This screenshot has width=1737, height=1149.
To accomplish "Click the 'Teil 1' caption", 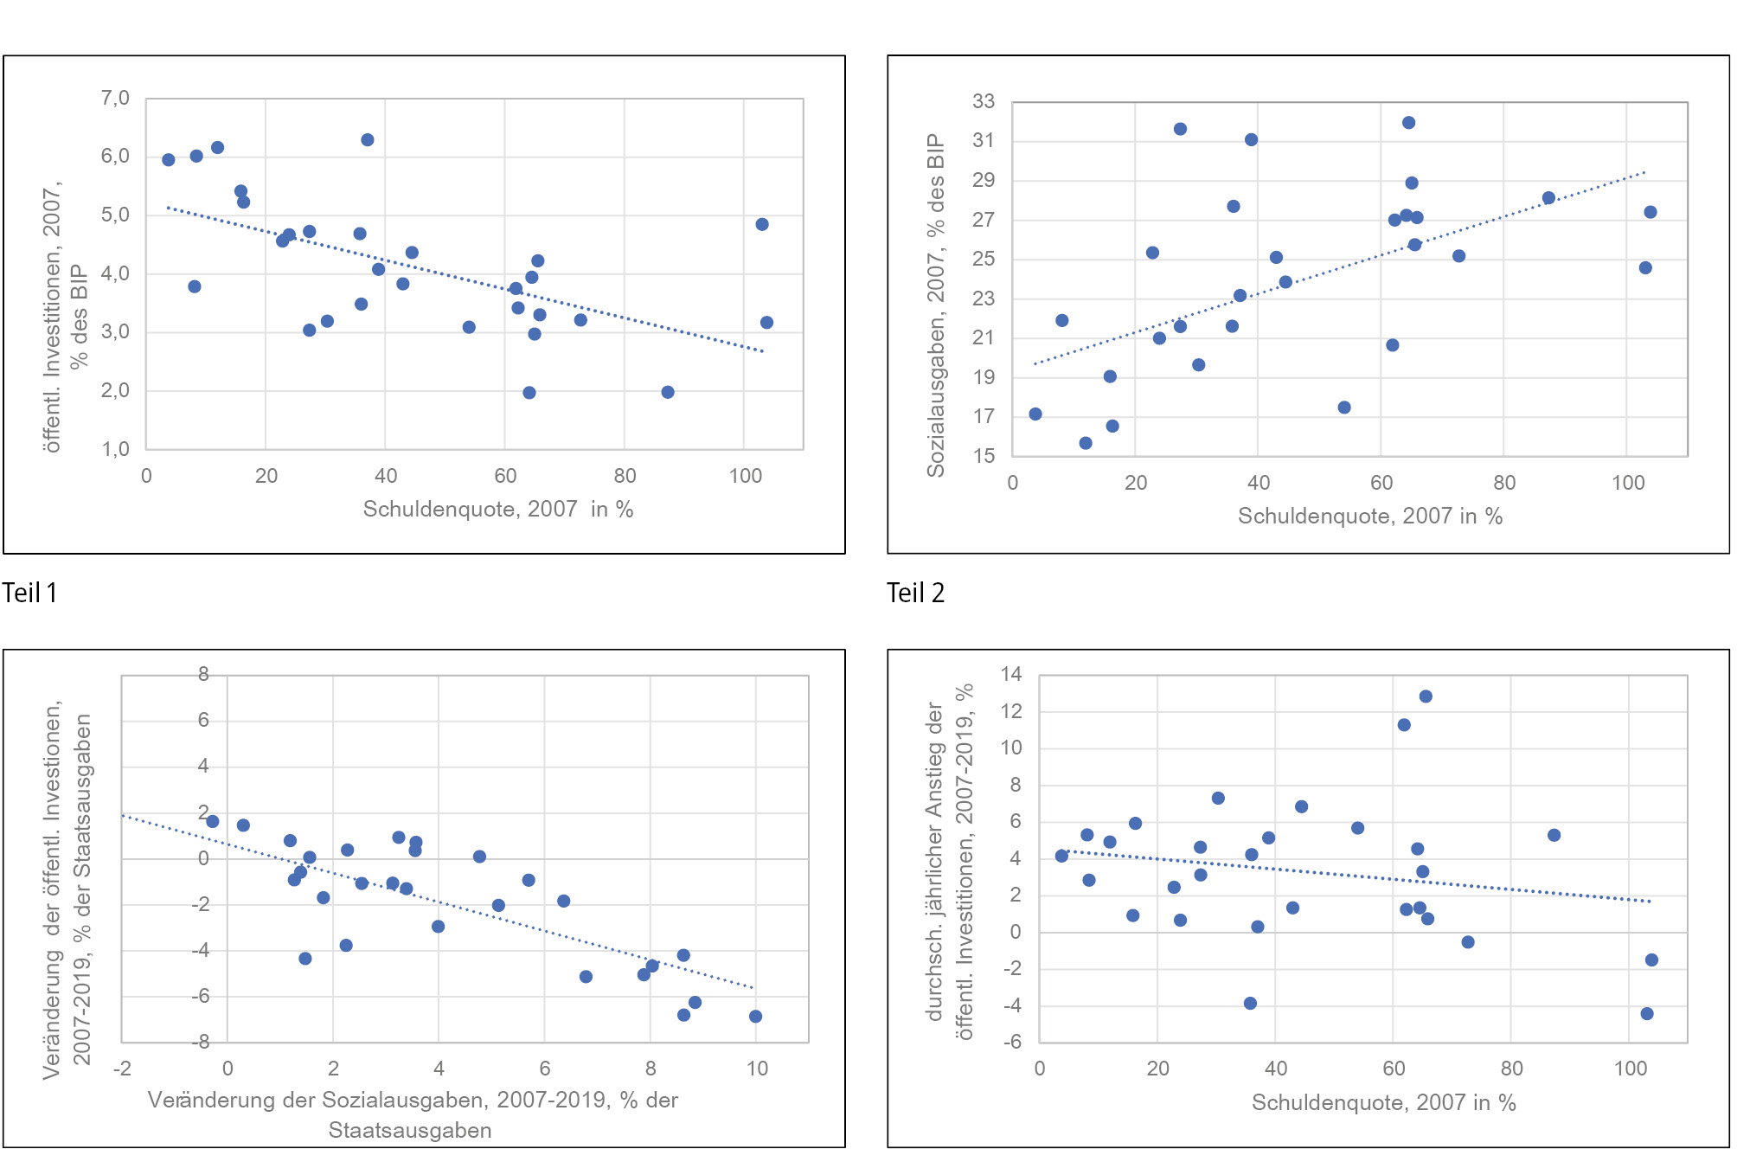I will (x=29, y=593).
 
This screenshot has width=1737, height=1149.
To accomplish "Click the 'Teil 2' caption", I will (x=915, y=593).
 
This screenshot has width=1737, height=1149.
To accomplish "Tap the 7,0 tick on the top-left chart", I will (x=115, y=98).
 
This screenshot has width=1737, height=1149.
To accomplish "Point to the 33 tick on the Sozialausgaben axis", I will (x=984, y=101).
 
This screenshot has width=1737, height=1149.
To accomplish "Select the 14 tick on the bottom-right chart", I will (x=1011, y=674).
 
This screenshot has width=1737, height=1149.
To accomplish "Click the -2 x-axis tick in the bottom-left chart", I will (x=122, y=1069).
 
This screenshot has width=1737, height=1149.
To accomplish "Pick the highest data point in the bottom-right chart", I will (x=1426, y=696).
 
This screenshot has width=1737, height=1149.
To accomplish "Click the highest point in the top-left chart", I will (x=368, y=140).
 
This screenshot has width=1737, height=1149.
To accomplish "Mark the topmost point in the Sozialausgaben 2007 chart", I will (x=1408, y=123).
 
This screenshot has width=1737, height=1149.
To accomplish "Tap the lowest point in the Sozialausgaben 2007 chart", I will (x=1086, y=443).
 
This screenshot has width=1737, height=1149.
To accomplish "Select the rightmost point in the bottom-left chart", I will (x=756, y=1017).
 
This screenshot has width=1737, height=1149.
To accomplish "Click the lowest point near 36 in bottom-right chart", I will (x=1250, y=1004).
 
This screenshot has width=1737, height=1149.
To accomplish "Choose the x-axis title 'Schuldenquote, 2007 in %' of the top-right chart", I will (x=1370, y=517).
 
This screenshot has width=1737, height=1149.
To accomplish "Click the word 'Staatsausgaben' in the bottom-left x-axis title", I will (x=410, y=1130).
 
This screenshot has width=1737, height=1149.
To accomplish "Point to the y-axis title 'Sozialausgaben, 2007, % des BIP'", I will (x=936, y=305).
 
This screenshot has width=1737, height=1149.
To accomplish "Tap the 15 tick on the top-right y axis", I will (x=984, y=456).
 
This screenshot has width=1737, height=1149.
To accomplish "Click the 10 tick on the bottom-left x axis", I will (x=757, y=1069).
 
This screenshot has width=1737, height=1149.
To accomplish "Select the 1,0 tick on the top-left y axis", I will (x=115, y=449).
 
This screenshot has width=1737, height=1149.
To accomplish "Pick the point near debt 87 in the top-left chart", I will (x=668, y=392).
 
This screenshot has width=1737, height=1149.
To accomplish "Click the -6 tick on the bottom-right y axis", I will (x=1011, y=1042).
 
